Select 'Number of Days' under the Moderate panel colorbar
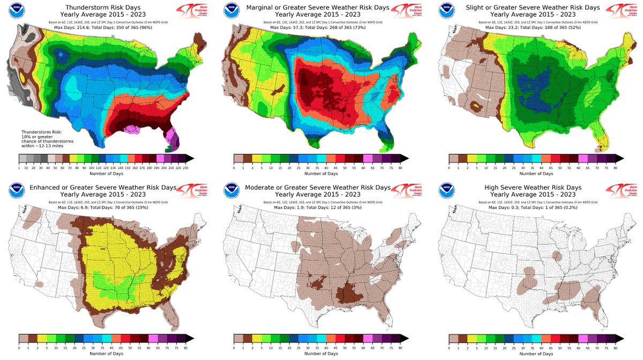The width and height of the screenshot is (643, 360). [320, 354]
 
